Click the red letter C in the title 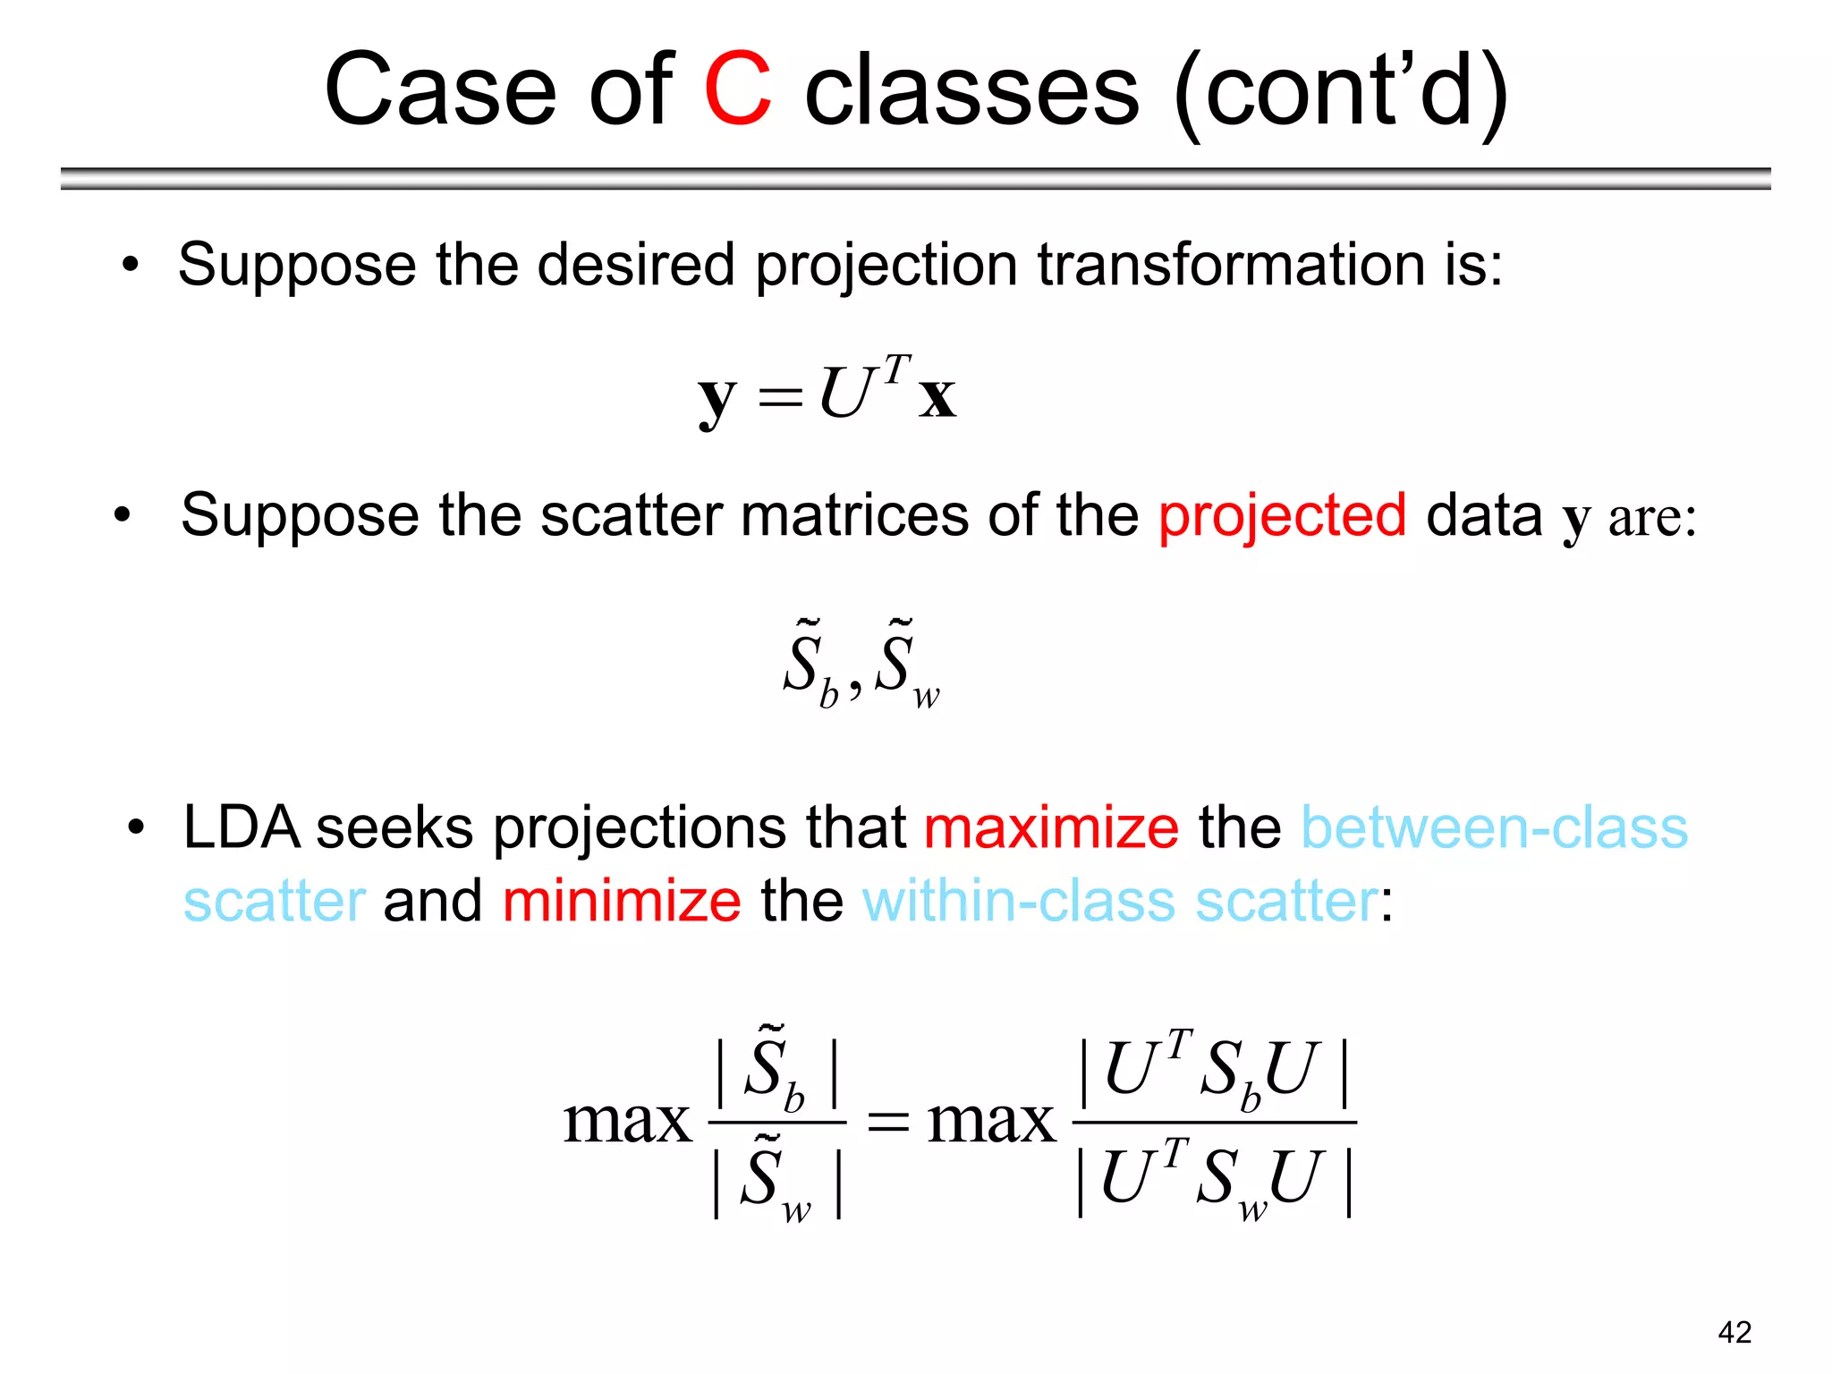(x=738, y=89)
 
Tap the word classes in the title (x=972, y=89)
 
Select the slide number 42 (x=1734, y=1332)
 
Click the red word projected (x=1282, y=516)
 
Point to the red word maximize (x=1051, y=827)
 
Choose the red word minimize (x=622, y=900)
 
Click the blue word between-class (x=1494, y=827)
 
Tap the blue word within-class (x=1018, y=900)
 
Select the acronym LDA (x=242, y=827)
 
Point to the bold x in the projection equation (x=937, y=396)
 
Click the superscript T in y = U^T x (x=895, y=368)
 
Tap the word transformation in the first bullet (x=1231, y=265)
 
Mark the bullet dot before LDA (x=135, y=827)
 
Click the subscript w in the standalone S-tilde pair (x=926, y=696)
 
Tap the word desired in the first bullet (x=635, y=265)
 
